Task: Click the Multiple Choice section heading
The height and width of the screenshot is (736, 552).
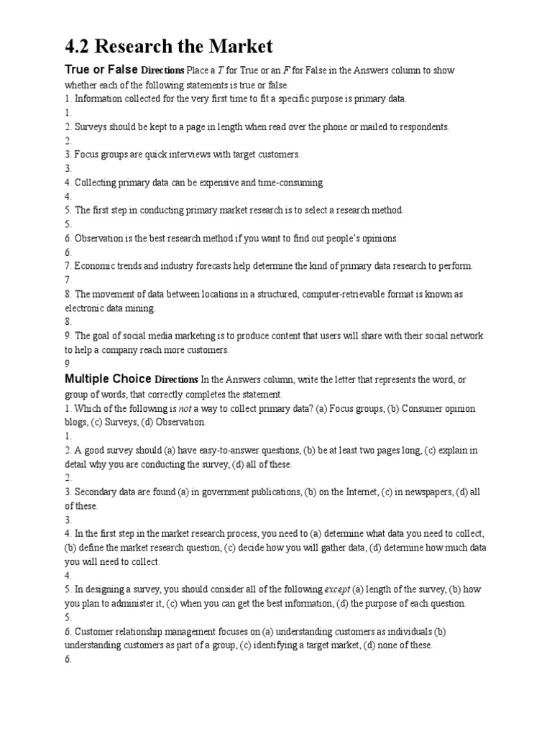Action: pyautogui.click(x=108, y=379)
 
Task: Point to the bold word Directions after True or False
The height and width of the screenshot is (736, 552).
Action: pyautogui.click(x=162, y=71)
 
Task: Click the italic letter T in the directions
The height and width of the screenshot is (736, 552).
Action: pyautogui.click(x=218, y=71)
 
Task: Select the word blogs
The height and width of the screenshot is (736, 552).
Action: pyautogui.click(x=76, y=422)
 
